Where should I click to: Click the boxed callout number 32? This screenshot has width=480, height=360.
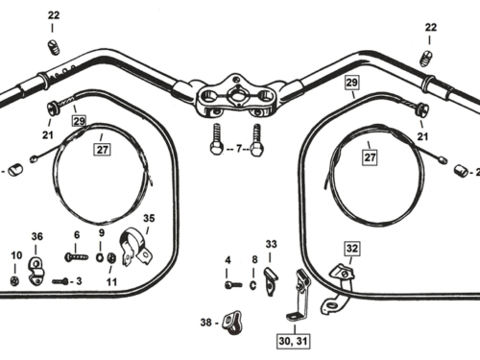pyautogui.click(x=352, y=249)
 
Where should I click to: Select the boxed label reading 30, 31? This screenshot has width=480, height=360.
pyautogui.click(x=293, y=341)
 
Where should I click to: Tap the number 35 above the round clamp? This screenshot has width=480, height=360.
pyautogui.click(x=149, y=218)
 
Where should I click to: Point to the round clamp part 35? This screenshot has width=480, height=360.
pyautogui.click(x=136, y=247)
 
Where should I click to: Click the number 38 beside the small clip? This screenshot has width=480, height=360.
pyautogui.click(x=206, y=322)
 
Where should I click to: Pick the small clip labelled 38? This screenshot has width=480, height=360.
pyautogui.click(x=232, y=322)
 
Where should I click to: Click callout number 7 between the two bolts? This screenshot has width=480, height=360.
pyautogui.click(x=239, y=149)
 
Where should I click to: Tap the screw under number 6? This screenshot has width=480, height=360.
pyautogui.click(x=77, y=256)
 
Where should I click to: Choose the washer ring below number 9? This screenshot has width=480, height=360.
pyautogui.click(x=100, y=257)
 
